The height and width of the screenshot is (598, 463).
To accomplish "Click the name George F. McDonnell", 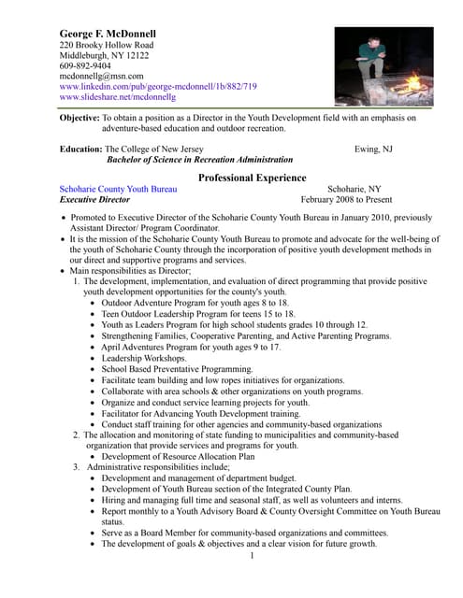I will coord(108,34).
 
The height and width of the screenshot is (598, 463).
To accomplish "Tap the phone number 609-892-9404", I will coord(87,65).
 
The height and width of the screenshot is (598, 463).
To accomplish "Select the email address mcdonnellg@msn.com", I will coord(102,76).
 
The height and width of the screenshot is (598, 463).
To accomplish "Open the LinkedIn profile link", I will coord(158,86).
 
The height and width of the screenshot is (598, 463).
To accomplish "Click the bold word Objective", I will coord(80,119).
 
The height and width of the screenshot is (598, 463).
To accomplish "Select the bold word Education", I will coord(80,149).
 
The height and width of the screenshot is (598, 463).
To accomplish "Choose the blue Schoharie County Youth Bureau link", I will coord(124,189).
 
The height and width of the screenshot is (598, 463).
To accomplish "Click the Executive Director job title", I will coord(94,199).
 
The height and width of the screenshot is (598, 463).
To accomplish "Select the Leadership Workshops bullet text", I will coord(144,358).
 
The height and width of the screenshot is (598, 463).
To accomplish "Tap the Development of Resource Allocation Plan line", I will coord(178,457).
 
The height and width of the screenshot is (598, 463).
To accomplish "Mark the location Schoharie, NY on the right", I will coord(354,189).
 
